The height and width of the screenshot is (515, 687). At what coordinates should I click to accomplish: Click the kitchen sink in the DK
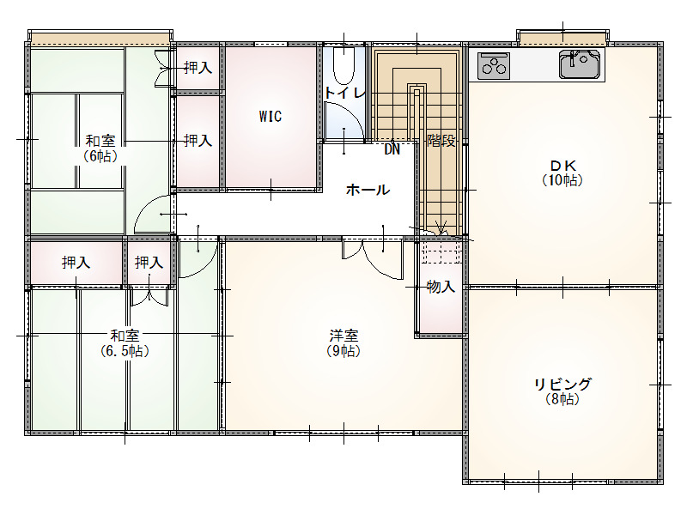tap(579, 64)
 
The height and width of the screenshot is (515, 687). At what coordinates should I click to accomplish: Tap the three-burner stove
tap(494, 66)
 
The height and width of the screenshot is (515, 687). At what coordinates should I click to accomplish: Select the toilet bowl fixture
tap(344, 65)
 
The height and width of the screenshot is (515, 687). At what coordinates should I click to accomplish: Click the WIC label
tap(271, 117)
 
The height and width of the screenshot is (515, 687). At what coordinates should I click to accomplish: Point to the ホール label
tap(368, 190)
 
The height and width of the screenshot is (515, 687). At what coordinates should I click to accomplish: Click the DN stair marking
tap(392, 149)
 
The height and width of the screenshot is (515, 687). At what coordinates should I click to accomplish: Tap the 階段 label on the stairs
tap(441, 141)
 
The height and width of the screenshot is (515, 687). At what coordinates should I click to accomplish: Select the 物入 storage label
tap(441, 287)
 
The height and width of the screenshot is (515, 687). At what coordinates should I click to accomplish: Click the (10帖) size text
tap(562, 180)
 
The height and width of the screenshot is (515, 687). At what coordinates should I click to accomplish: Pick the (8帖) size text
tap(562, 399)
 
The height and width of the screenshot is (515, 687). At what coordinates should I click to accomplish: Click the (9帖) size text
tap(344, 351)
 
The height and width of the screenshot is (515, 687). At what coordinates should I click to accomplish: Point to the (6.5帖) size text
tap(125, 351)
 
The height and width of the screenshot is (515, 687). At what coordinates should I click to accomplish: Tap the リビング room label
tap(562, 384)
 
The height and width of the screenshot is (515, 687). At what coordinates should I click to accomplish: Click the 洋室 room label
tap(344, 336)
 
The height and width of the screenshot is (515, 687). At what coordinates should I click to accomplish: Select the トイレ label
tap(345, 93)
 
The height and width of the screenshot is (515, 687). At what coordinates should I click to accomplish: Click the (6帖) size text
tap(100, 156)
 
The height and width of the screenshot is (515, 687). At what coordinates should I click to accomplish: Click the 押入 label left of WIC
tap(198, 141)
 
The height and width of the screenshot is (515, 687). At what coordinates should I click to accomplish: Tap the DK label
tap(562, 166)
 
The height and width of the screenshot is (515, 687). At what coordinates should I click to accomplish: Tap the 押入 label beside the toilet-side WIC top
tap(198, 68)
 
